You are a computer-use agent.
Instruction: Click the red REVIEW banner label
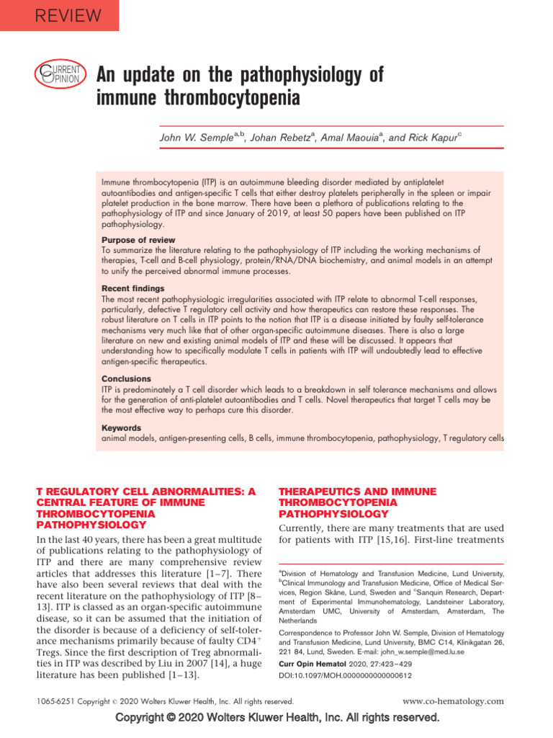[x=60, y=14]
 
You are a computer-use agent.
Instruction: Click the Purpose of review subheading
[x=138, y=240]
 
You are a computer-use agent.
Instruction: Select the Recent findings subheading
[x=133, y=288]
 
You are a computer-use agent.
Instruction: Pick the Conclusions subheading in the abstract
[x=126, y=378]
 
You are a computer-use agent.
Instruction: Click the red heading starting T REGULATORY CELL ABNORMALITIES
[x=145, y=508]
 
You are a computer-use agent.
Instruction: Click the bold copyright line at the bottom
[x=276, y=718]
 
